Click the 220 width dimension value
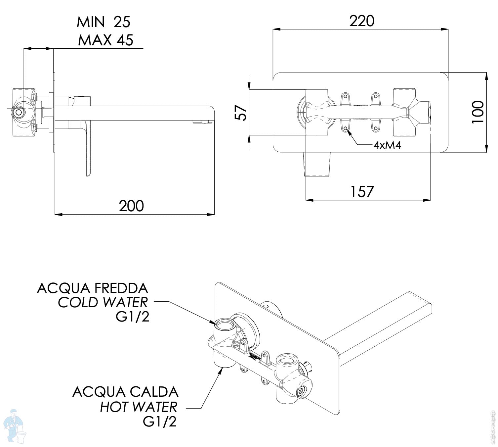[362, 21]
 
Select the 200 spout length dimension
[131, 206]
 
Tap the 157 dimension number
[361, 192]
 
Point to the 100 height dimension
[478, 112]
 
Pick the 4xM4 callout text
[387, 145]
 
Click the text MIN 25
[104, 22]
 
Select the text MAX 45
[105, 40]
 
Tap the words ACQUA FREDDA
[93, 288]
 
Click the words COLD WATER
[103, 302]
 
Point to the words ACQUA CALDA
[125, 392]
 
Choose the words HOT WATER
[139, 407]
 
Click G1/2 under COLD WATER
[132, 317]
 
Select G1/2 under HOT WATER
[160, 422]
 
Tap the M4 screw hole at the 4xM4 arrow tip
[346, 128]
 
